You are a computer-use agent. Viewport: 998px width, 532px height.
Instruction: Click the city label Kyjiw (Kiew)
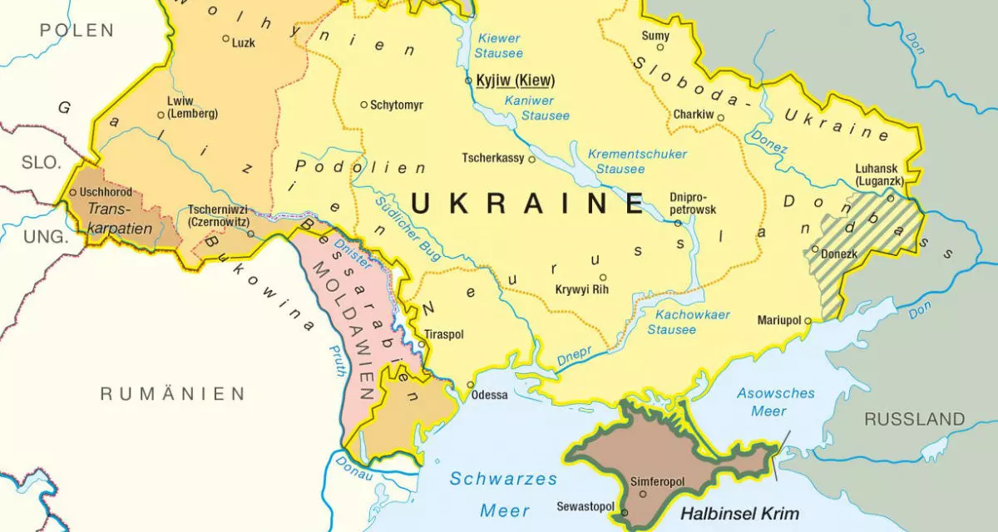point(515,81)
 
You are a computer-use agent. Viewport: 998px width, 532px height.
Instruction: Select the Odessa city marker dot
point(471,385)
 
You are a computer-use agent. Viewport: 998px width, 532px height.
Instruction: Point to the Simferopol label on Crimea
point(659,481)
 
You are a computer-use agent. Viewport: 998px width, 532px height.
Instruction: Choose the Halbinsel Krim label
point(739,513)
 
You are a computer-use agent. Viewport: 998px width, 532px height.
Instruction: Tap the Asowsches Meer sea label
point(775,401)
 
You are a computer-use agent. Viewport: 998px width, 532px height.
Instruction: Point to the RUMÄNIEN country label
point(173,393)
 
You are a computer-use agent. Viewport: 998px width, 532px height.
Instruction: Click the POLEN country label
point(77,31)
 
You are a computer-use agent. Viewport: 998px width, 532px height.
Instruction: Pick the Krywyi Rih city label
point(582,289)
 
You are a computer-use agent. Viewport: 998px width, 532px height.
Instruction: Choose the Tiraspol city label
point(444,334)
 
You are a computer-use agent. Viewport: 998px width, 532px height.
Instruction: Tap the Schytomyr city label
point(397,105)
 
